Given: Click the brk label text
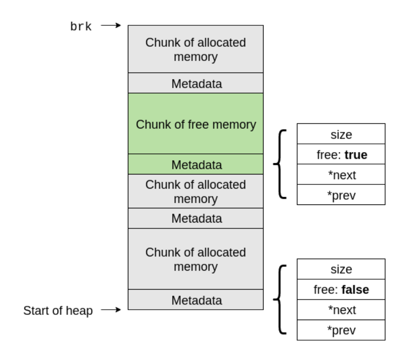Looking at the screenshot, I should (x=81, y=27).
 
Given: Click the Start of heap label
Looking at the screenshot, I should (x=58, y=310).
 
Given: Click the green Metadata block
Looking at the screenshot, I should (x=196, y=165).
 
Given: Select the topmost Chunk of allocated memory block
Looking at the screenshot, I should (x=196, y=49).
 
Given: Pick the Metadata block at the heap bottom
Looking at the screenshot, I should (x=196, y=300).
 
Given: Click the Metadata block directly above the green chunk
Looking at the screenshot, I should (x=196, y=83).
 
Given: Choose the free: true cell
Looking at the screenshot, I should (x=341, y=154).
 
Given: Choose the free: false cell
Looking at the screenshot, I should (x=341, y=290).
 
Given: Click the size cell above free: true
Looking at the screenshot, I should (x=341, y=134).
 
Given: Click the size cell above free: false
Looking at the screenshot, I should (x=341, y=269).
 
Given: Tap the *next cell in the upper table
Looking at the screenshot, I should (x=341, y=174).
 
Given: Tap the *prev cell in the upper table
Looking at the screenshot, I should (x=341, y=195).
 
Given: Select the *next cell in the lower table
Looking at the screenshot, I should (x=341, y=310).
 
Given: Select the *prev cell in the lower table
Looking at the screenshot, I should (x=341, y=330).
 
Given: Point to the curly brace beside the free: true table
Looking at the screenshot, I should (x=279, y=164).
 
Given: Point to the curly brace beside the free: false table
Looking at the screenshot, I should (x=279, y=299).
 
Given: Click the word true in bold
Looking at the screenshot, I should (x=356, y=154).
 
